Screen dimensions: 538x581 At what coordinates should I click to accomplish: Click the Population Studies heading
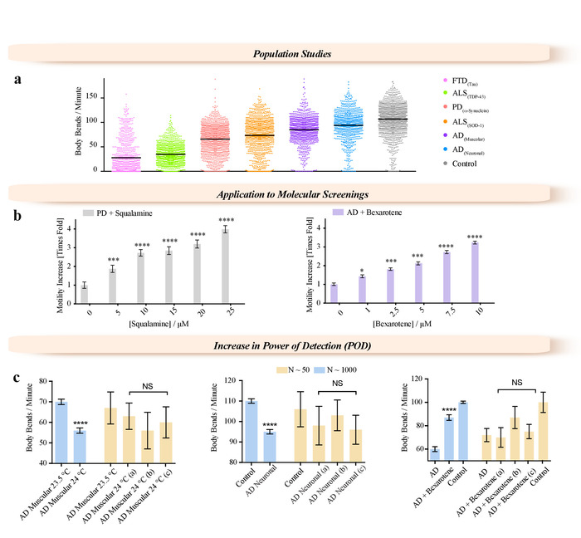290,54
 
